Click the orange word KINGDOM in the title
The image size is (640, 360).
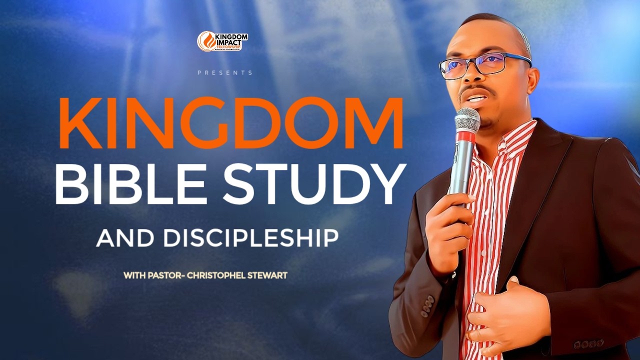coord(231,123)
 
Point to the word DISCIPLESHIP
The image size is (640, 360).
coord(250,238)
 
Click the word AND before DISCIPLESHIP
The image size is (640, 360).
coord(125,238)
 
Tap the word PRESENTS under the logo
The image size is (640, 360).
coord(225,73)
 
